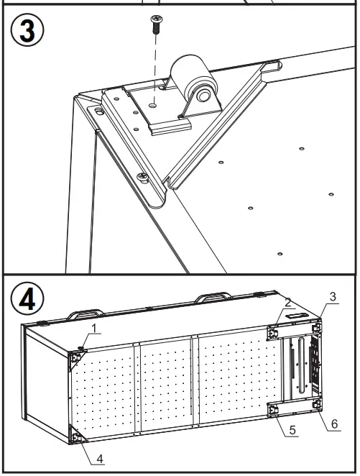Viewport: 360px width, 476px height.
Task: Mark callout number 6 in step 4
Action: click(x=333, y=424)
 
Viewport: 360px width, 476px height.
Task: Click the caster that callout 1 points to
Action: click(x=75, y=354)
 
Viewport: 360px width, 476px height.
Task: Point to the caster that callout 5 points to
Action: click(x=273, y=410)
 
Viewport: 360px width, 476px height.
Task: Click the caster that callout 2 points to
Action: click(x=274, y=332)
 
